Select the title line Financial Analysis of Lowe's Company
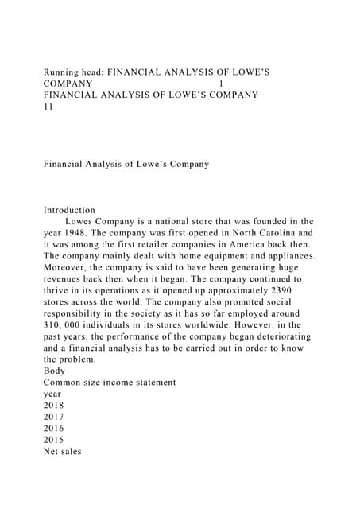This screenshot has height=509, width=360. pos(126,164)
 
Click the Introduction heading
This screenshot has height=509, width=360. pos(70,210)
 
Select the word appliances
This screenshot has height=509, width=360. pos(285,256)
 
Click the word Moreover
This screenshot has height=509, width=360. pos(71,268)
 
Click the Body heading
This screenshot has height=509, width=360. pos(56,371)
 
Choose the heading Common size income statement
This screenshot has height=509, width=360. pos(110,383)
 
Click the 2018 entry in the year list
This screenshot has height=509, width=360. pos(55,406)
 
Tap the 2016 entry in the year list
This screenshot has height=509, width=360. pos(55,429)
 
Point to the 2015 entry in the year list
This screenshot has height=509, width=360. pos(55,440)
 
